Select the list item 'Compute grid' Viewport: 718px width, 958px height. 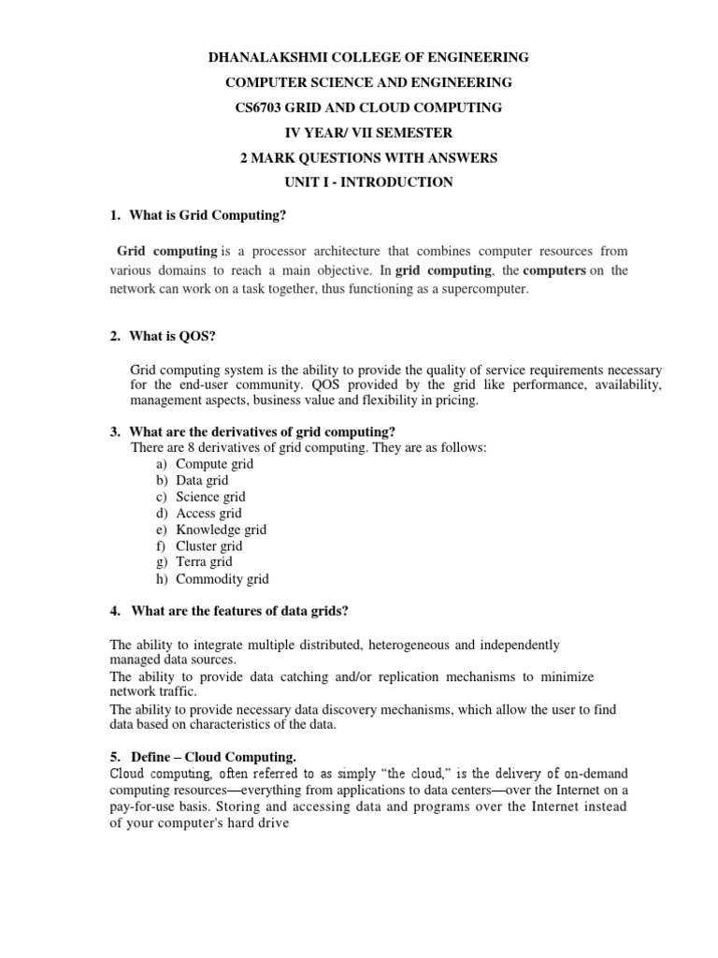pos(214,464)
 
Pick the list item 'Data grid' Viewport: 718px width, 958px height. pos(202,480)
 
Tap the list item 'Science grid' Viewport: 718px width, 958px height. pos(210,497)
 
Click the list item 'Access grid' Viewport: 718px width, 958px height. pos(208,513)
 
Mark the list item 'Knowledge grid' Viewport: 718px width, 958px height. pos(221,530)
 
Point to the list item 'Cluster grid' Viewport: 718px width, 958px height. pos(208,545)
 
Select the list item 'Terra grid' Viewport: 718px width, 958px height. pos(204,561)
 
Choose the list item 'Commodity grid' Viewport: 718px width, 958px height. pos(222,579)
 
